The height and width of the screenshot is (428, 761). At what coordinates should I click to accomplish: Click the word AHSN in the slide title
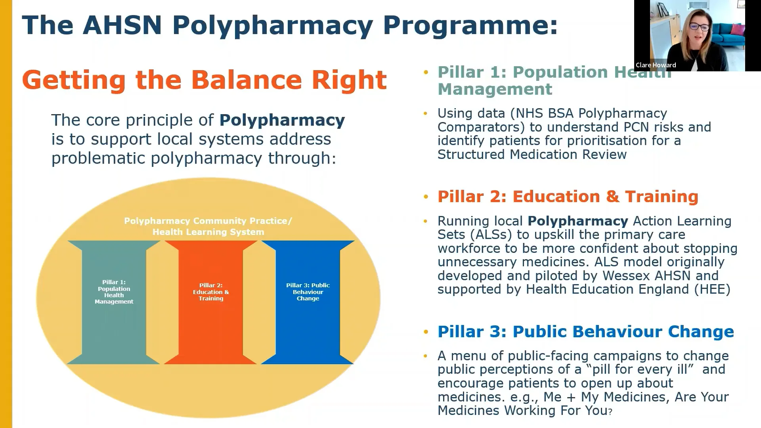(x=122, y=25)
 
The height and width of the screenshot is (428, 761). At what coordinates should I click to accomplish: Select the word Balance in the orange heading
(x=246, y=80)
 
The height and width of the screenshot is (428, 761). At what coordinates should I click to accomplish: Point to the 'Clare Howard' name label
(x=656, y=65)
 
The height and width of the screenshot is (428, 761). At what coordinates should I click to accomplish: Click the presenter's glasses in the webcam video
(x=699, y=27)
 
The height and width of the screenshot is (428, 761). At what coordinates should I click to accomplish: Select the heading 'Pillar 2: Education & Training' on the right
(x=568, y=197)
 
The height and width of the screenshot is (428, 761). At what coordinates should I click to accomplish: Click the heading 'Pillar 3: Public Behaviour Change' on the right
(x=585, y=332)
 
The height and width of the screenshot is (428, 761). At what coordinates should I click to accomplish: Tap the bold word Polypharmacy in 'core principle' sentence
(x=282, y=120)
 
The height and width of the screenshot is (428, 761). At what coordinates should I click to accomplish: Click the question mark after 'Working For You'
(x=610, y=412)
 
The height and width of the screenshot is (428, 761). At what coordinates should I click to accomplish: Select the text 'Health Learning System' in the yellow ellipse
(x=208, y=232)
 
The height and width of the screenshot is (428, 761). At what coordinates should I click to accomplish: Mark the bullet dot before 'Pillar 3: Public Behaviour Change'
(x=426, y=332)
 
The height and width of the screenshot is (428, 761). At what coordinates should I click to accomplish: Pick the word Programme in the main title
(x=470, y=25)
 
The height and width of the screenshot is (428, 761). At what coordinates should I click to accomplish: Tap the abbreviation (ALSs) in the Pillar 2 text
(x=491, y=235)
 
